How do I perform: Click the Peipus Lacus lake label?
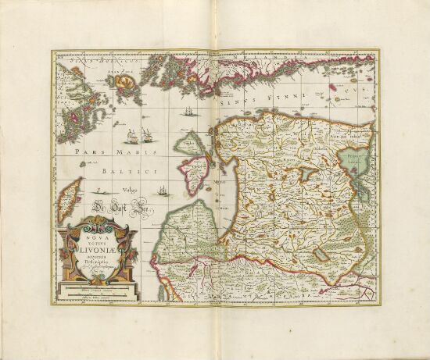pos(355,159)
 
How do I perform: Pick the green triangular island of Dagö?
pos(189,145)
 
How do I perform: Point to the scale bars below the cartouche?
pos(99,294)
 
